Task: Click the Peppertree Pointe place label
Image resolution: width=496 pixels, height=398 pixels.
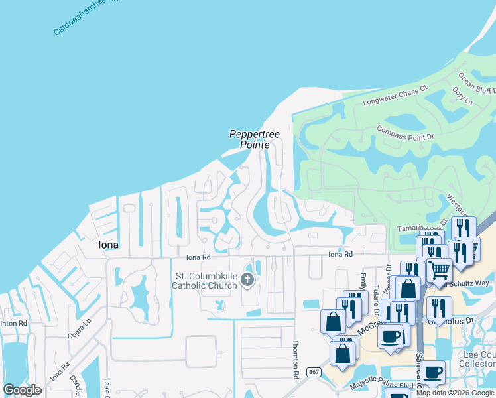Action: (x=255, y=139)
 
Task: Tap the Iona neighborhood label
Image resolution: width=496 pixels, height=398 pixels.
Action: (x=108, y=245)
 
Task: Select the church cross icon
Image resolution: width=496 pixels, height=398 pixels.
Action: (x=247, y=280)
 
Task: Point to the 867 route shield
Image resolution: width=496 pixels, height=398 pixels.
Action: (x=314, y=373)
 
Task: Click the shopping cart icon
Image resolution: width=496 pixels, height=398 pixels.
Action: (x=438, y=269)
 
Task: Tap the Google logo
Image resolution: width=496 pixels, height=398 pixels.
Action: (x=22, y=390)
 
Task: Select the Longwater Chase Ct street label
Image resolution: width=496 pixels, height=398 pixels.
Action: (x=395, y=95)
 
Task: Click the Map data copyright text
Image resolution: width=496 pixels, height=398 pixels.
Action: (x=455, y=393)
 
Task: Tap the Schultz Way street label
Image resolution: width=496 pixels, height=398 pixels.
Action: (x=474, y=283)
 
